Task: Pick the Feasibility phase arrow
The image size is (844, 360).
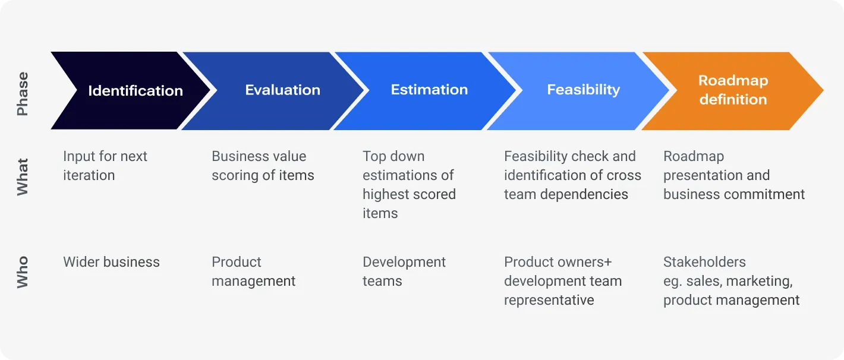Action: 583,90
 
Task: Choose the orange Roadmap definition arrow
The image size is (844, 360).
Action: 733,90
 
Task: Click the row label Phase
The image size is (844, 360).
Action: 23,94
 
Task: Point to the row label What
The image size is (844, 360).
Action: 23,176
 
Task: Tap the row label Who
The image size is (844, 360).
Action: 23,272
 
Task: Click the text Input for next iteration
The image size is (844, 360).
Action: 105,166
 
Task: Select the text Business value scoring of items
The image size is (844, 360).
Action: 263,166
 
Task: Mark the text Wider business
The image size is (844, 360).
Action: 111,262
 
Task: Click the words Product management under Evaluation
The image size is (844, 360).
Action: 253,271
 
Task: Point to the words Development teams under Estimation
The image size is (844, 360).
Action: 404,271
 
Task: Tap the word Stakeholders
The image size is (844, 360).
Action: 704,262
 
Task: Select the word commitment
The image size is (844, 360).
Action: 770,194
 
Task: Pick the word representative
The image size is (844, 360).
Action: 549,300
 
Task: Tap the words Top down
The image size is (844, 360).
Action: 393,156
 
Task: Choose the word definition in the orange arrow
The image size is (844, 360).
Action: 733,99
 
